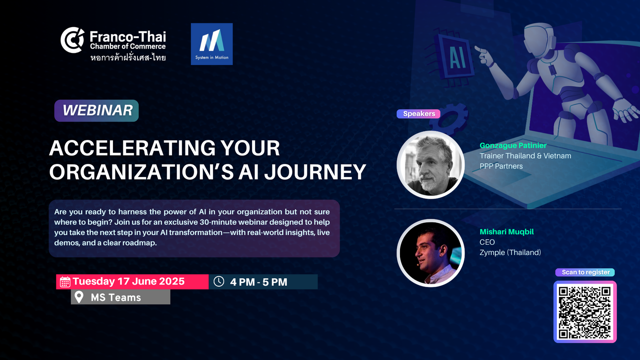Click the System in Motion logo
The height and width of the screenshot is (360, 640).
[212, 44]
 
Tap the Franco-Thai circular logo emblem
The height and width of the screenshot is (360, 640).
[72, 40]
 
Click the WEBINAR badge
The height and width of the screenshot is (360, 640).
[97, 110]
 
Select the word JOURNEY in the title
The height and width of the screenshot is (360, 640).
[315, 172]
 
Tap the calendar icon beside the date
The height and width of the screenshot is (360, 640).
[65, 282]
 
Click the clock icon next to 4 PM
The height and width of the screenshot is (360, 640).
[219, 281]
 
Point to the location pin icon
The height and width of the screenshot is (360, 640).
[79, 297]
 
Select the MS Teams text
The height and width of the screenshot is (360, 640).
[116, 297]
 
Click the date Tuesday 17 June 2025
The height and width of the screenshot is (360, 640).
[129, 281]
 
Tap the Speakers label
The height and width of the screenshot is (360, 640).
[419, 114]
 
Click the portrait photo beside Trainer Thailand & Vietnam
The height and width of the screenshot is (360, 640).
[430, 165]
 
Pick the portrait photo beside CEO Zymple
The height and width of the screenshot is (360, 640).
[430, 253]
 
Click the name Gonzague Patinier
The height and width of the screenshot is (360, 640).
[513, 145]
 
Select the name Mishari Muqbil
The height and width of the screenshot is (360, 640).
[507, 232]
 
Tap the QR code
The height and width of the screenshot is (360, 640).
[585, 312]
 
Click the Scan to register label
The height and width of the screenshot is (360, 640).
[585, 272]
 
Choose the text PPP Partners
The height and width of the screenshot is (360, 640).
[501, 166]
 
